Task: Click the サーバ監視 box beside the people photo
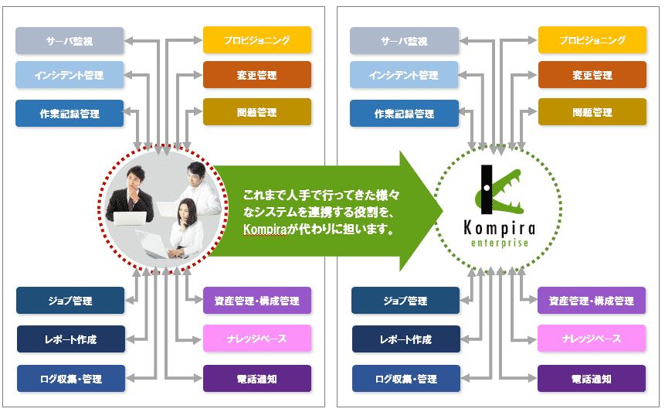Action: click(x=70, y=40)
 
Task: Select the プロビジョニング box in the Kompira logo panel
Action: click(x=592, y=40)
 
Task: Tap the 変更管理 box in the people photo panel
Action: click(x=257, y=75)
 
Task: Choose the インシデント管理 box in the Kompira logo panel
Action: click(x=403, y=75)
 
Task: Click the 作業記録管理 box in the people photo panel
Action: click(x=70, y=113)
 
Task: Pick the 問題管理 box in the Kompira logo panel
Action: click(x=592, y=112)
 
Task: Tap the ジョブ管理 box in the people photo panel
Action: click(x=70, y=300)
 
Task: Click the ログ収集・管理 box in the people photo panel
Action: click(x=70, y=379)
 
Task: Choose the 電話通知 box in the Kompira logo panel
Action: click(x=592, y=379)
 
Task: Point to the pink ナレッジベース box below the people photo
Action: click(x=257, y=339)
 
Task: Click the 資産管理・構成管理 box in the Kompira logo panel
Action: click(x=592, y=300)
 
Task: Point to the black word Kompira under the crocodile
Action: click(x=500, y=227)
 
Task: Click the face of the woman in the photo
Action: click(x=186, y=209)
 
